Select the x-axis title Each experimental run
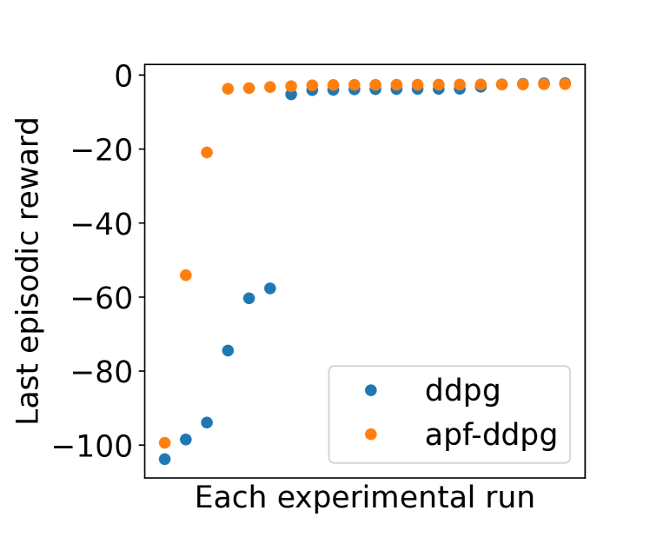(364, 498)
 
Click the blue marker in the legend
(371, 391)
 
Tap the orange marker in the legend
(371, 433)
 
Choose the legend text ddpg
(463, 391)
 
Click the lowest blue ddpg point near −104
(164, 459)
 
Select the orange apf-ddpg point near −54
(185, 275)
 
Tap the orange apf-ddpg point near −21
(207, 152)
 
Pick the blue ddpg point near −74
(228, 350)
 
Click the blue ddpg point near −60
(249, 298)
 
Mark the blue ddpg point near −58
(269, 288)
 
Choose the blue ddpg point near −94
(207, 422)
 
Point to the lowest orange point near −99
(164, 442)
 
